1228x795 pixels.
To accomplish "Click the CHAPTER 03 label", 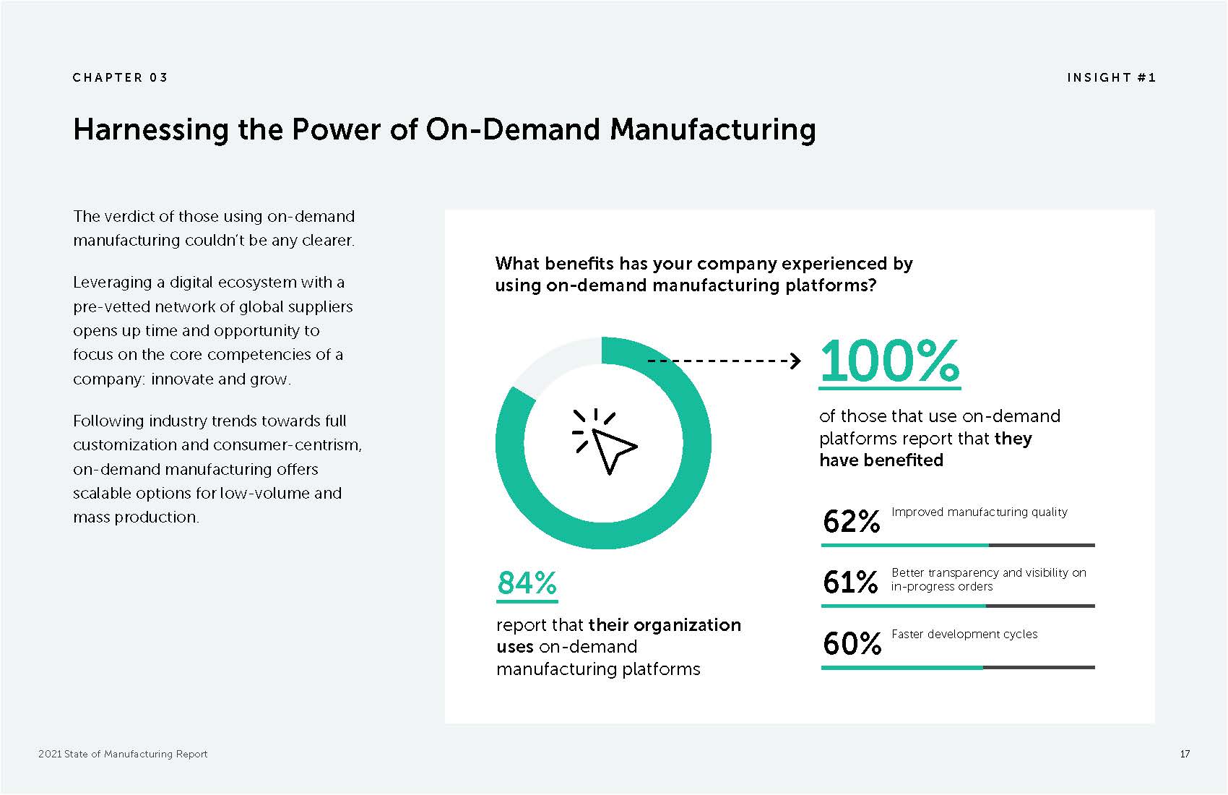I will (120, 77).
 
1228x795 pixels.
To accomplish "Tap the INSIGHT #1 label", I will (1111, 77).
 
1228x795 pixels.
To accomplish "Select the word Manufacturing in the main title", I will (712, 130).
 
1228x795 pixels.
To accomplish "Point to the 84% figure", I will (527, 583).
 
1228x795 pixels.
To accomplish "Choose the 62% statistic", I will (851, 521).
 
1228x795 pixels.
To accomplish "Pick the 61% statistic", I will (850, 582).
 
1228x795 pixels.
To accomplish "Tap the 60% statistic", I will (852, 643).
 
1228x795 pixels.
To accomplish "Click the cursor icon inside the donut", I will (606, 443).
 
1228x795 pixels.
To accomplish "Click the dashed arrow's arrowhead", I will (795, 360).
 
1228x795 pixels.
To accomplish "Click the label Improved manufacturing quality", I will (979, 512).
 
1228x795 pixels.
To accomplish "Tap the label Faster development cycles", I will (964, 634).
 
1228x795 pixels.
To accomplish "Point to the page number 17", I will (1184, 754).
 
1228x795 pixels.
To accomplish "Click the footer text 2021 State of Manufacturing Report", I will (123, 754).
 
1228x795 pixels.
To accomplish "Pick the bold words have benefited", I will (881, 460).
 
